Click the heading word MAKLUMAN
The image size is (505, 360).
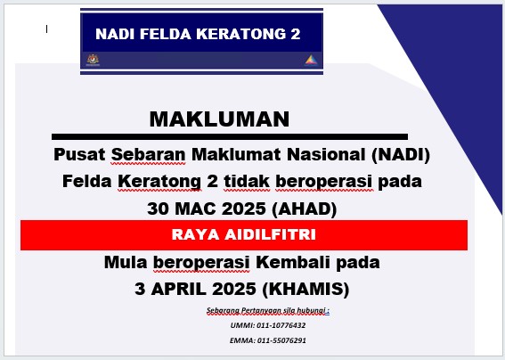219,119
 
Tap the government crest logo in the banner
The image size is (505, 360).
94,60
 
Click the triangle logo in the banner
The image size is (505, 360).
311,61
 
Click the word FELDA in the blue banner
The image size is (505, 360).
166,34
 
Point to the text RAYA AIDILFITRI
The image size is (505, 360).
244,234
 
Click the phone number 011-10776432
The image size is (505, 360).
281,325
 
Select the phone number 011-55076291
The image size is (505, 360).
281,340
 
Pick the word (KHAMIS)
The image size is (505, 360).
305,289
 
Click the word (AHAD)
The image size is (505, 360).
305,209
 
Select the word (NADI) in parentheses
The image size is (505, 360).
401,154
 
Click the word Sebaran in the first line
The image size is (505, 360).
148,155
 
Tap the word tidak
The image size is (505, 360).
247,181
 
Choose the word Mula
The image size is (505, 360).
126,262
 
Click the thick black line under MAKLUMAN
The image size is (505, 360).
230,137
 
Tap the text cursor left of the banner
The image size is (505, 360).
46,29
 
